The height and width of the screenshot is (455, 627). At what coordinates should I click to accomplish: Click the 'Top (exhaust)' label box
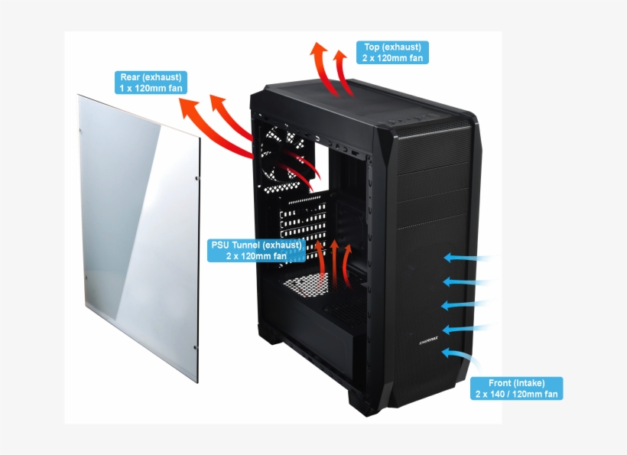392,52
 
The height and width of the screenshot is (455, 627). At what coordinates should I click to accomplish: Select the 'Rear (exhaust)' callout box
151,83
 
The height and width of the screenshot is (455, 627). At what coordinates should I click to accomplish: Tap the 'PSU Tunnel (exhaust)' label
256,250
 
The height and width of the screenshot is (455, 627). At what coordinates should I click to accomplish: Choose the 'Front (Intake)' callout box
516,388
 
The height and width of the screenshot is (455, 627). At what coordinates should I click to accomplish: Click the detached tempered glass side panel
138,237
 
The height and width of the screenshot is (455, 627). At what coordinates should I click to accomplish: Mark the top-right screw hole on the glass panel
197,177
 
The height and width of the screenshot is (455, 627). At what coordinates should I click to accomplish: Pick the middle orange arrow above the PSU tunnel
335,260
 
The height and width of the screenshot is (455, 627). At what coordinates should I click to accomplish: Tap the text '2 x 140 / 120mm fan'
516,395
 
